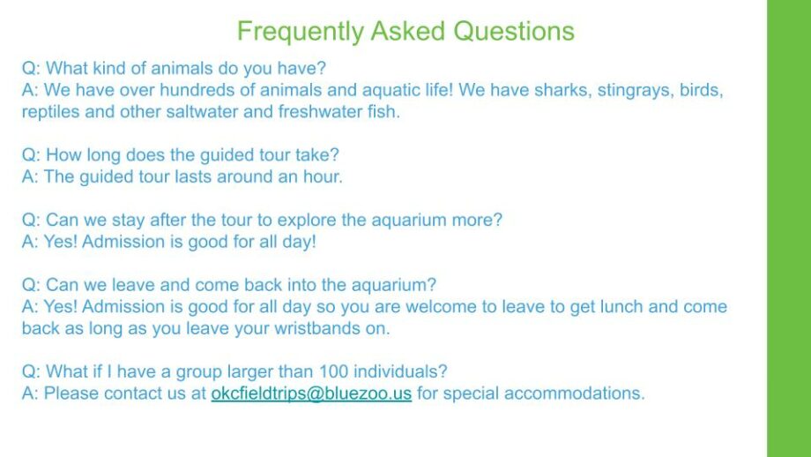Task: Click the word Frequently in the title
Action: coord(301,32)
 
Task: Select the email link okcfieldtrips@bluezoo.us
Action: coord(311,393)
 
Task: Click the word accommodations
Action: coord(574,393)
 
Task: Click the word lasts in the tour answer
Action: coord(192,176)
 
